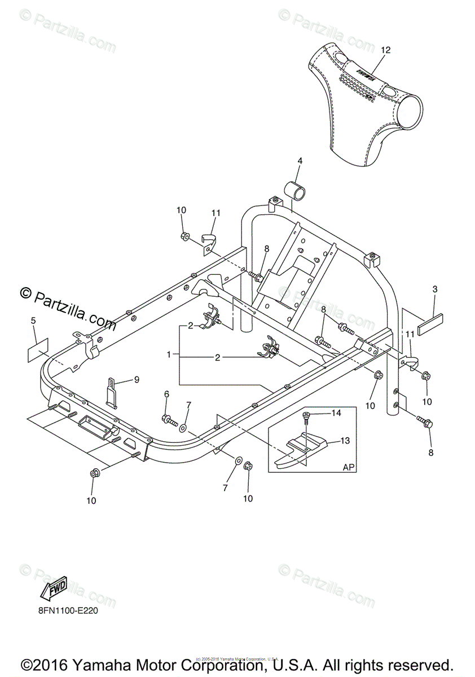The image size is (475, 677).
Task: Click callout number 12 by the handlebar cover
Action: coord(385,50)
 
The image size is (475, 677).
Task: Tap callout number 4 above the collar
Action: coord(300,161)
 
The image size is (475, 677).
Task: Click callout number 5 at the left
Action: coord(33,321)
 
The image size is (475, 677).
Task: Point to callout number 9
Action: coord(136,380)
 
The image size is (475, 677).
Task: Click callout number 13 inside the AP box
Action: coord(344,440)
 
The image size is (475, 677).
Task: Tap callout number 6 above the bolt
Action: coord(166,393)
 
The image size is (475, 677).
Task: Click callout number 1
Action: coord(168,355)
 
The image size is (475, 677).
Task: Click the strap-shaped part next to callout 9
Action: coord(112,392)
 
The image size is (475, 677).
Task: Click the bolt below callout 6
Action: coord(169,420)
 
